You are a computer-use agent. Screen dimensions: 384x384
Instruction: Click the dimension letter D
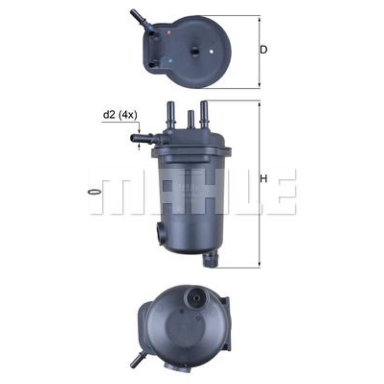(263, 50)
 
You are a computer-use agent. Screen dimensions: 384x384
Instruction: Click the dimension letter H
(263, 179)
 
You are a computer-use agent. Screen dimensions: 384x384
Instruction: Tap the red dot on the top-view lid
(168, 33)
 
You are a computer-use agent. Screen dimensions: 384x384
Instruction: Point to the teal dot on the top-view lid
(170, 60)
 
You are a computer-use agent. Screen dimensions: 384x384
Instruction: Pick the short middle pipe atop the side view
(190, 119)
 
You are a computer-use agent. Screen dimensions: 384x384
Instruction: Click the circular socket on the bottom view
(197, 298)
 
